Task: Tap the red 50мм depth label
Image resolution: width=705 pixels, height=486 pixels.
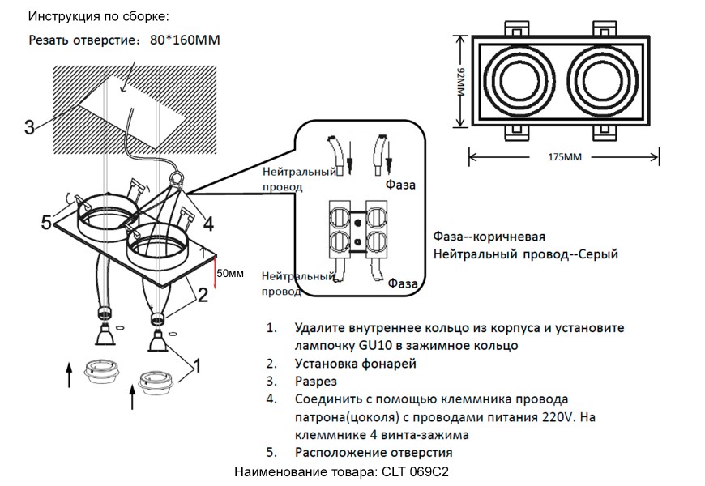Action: pos(232,274)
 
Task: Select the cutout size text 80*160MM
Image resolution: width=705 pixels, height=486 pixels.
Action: pos(185,40)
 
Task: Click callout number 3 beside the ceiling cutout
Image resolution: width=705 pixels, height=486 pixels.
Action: pos(28,127)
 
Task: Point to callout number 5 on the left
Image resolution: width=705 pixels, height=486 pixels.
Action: pos(48,221)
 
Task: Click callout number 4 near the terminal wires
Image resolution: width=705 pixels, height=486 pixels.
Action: pos(208,224)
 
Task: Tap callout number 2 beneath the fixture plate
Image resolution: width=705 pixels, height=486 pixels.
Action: pos(203,296)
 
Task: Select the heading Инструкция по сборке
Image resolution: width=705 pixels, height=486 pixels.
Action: pos(100,16)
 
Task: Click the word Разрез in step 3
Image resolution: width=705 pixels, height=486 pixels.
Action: pos(316,381)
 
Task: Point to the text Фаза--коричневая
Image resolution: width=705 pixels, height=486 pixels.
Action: pos(489,237)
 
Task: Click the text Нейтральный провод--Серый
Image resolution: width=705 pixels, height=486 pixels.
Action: pos(526,254)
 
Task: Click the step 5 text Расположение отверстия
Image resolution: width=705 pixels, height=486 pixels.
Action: pos(374,452)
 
